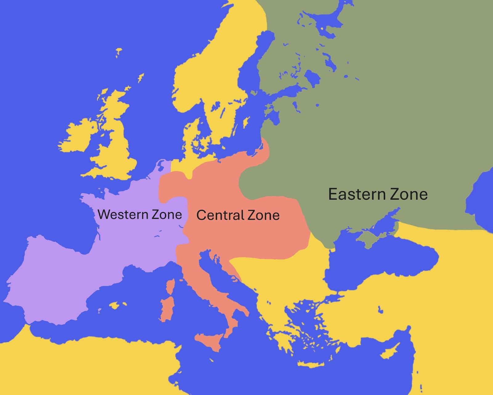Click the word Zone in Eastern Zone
click(x=409, y=194)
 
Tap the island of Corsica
click(x=170, y=286)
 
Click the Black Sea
click(x=382, y=262)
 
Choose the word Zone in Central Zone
click(x=263, y=215)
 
